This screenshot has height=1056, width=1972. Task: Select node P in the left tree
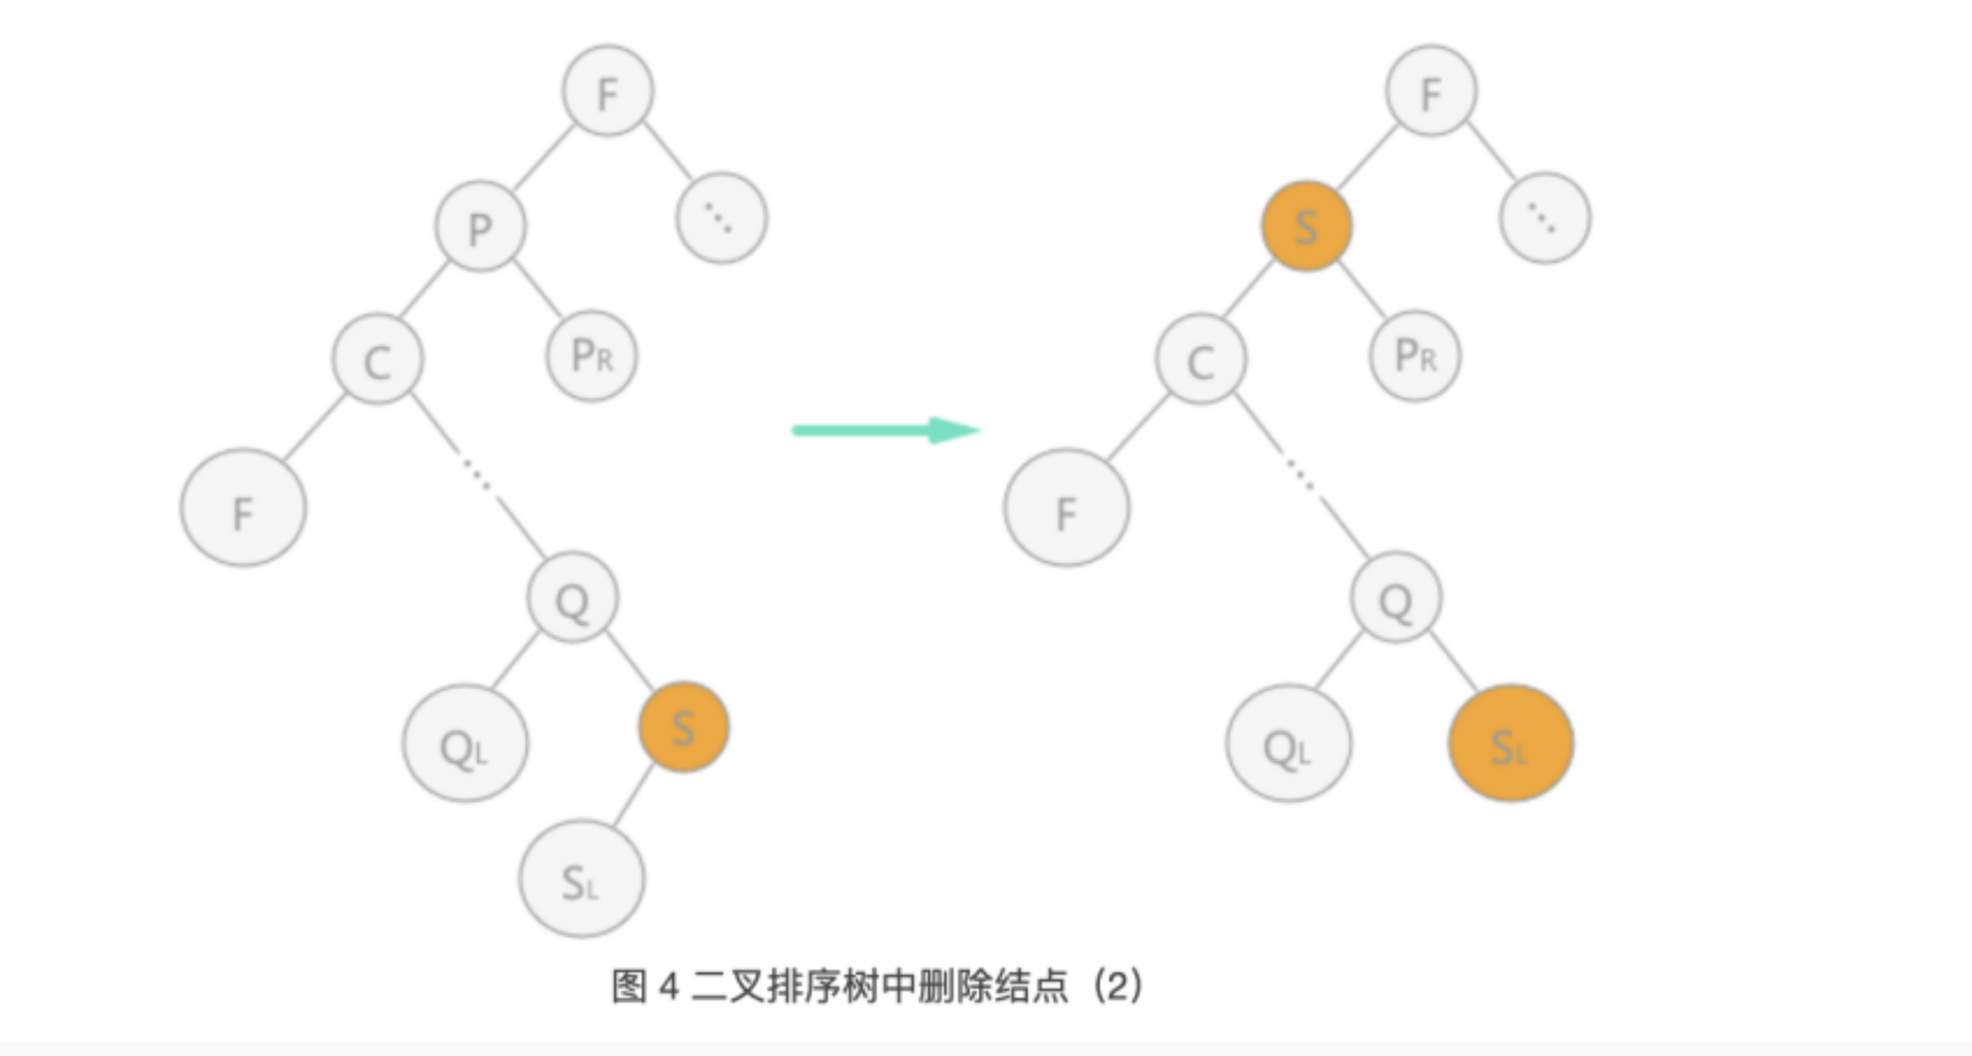click(480, 227)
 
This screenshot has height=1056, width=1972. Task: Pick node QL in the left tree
click(464, 743)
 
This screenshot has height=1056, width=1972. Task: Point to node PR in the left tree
click(591, 355)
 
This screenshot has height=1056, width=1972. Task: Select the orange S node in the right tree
click(1306, 227)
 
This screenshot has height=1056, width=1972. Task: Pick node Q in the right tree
click(1395, 598)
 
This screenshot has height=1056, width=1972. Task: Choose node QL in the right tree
click(1288, 743)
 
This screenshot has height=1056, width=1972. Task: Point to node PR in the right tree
click(1415, 355)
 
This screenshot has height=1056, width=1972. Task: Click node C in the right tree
click(1201, 358)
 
